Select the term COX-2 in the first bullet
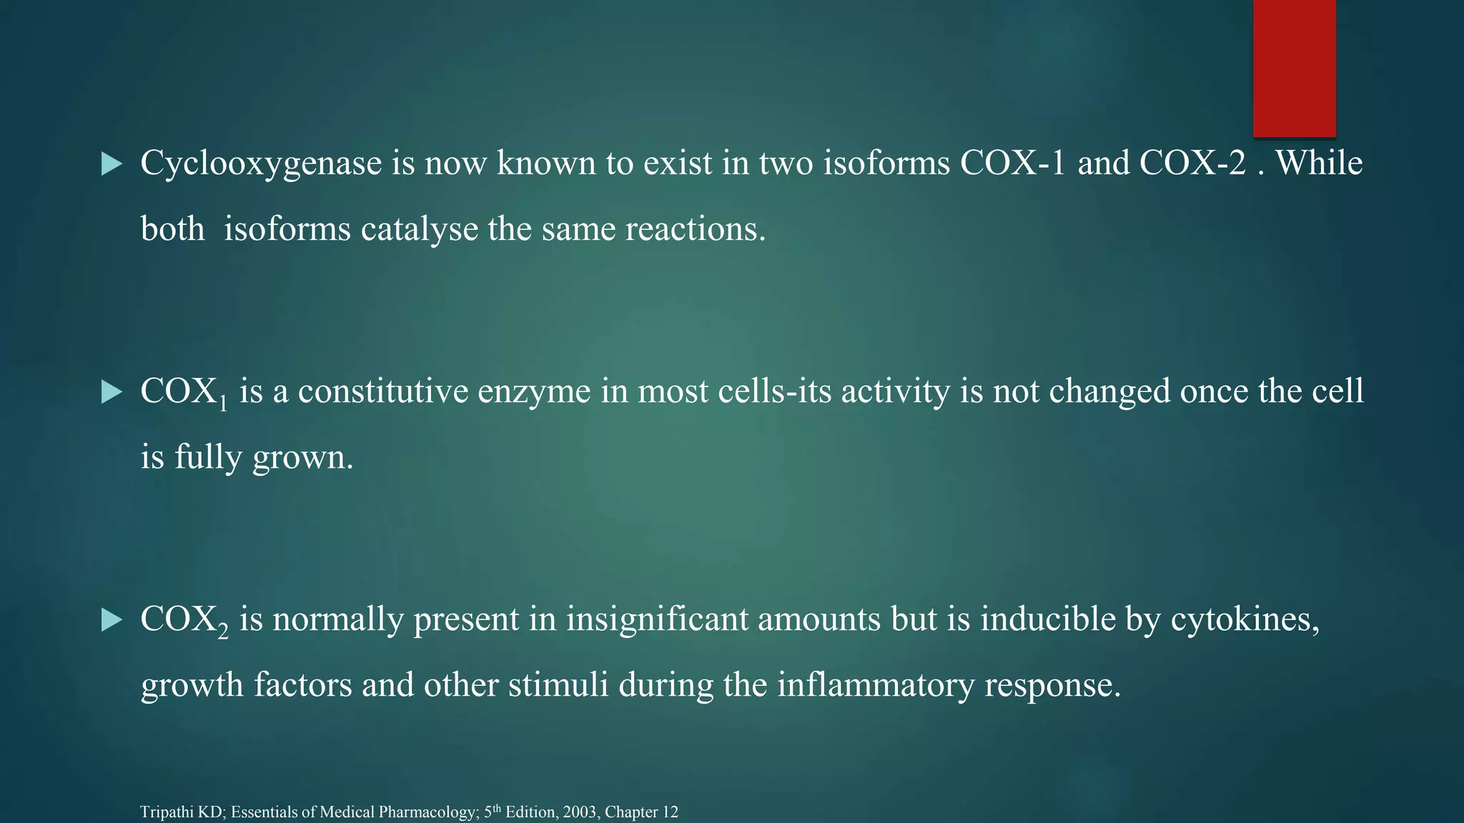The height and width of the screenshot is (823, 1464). (x=1192, y=163)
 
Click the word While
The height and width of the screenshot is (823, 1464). (x=1319, y=163)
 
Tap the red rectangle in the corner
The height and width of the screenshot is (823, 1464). (x=1294, y=68)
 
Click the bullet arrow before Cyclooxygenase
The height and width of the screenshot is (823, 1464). (x=112, y=164)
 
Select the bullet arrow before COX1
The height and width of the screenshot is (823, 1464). (x=112, y=392)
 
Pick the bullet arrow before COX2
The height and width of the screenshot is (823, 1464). (x=112, y=620)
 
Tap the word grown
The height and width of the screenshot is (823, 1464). (x=302, y=458)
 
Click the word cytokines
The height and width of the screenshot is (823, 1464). (x=1245, y=619)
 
